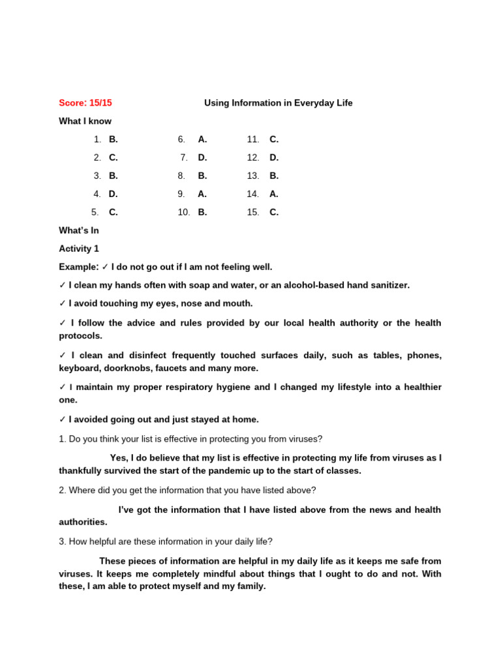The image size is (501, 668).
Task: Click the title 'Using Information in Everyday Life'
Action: (279, 103)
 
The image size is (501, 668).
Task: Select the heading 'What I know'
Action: (85, 121)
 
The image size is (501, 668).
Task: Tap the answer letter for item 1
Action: (113, 140)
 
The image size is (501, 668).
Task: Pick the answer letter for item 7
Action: (202, 157)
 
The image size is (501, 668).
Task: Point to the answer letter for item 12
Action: (274, 157)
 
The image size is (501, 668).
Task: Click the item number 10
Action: (183, 212)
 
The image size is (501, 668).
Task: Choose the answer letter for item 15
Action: (274, 212)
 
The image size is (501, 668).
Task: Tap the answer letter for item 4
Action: (113, 194)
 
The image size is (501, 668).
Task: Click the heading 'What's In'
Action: (79, 230)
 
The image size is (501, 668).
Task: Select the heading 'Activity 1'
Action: (79, 249)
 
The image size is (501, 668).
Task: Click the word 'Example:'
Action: (78, 267)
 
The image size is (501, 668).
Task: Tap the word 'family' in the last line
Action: (249, 586)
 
